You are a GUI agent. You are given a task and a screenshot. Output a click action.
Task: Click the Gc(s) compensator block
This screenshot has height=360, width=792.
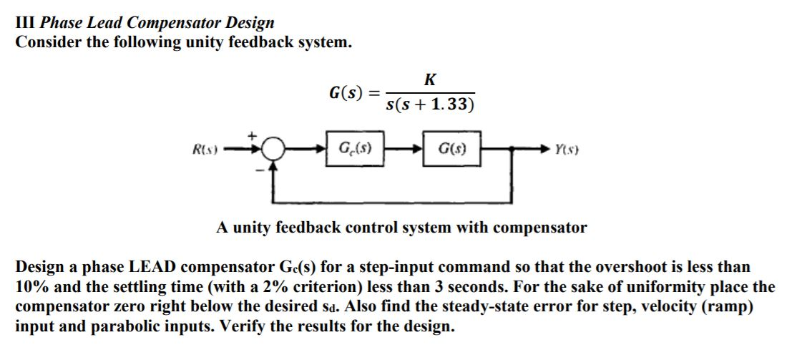pyautogui.click(x=354, y=150)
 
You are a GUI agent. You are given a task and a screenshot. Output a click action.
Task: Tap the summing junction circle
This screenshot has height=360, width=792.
pyautogui.click(x=271, y=151)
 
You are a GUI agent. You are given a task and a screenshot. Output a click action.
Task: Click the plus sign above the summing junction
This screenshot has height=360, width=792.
pyautogui.click(x=252, y=134)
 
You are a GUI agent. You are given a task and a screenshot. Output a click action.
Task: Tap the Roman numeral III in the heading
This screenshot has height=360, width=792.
pyautogui.click(x=26, y=23)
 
